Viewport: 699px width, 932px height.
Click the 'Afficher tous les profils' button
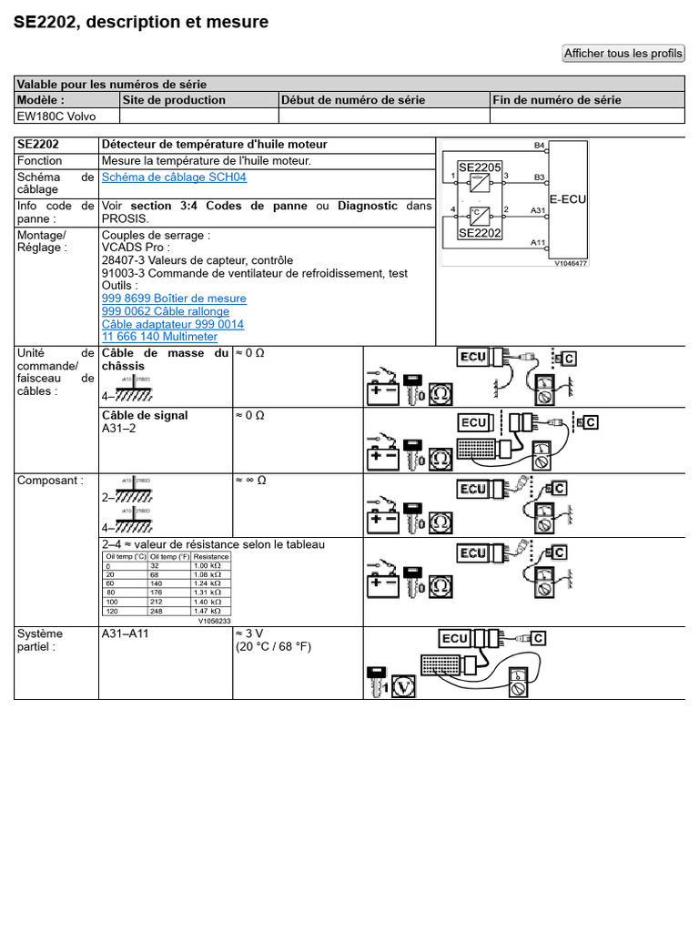coord(623,54)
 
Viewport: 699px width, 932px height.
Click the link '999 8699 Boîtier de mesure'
coord(174,299)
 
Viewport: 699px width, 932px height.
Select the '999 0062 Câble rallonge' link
coord(166,311)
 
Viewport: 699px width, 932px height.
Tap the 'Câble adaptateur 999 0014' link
coord(173,324)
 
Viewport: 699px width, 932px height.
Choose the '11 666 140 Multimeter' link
coord(159,337)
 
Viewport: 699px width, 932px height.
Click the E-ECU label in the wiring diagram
coord(567,199)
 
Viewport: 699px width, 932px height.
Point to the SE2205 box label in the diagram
coord(480,167)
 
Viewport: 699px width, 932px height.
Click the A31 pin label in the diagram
coord(538,210)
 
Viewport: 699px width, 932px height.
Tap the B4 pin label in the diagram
coord(539,146)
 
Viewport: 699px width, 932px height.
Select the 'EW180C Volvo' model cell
coord(56,116)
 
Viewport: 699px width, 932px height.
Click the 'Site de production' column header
coord(174,100)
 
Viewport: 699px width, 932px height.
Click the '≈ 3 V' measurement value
coord(251,633)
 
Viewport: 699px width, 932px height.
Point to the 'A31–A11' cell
coord(125,633)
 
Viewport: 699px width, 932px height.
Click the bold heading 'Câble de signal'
coord(145,416)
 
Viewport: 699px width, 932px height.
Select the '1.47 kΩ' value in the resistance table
coord(211,612)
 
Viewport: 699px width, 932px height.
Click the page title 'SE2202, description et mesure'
coord(141,22)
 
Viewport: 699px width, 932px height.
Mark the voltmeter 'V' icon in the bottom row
coord(403,687)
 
